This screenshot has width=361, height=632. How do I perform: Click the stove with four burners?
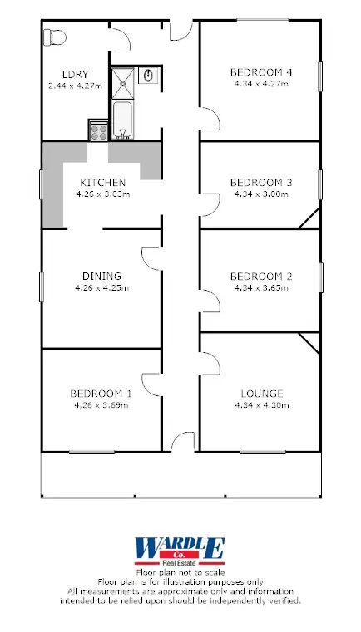pyautogui.click(x=97, y=130)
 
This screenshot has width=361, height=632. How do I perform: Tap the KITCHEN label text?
pyautogui.click(x=102, y=183)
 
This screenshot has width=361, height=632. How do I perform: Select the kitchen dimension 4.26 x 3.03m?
pyautogui.click(x=102, y=194)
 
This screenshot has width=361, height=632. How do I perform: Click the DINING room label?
pyautogui.click(x=102, y=277)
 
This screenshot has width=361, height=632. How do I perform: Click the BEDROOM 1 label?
pyautogui.click(x=102, y=394)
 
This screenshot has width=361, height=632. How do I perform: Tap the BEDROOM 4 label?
pyautogui.click(x=261, y=73)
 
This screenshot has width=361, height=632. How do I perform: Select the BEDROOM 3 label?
pyautogui.click(x=261, y=183)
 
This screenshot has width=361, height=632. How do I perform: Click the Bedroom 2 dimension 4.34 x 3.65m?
pyautogui.click(x=261, y=287)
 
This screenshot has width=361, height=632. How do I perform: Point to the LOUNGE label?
pyautogui.click(x=261, y=394)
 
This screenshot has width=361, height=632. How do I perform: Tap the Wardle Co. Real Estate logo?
pyautogui.click(x=180, y=551)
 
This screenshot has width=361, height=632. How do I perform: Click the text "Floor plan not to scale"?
pyautogui.click(x=180, y=573)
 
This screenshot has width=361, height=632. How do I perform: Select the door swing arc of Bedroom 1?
pyautogui.click(x=152, y=384)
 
